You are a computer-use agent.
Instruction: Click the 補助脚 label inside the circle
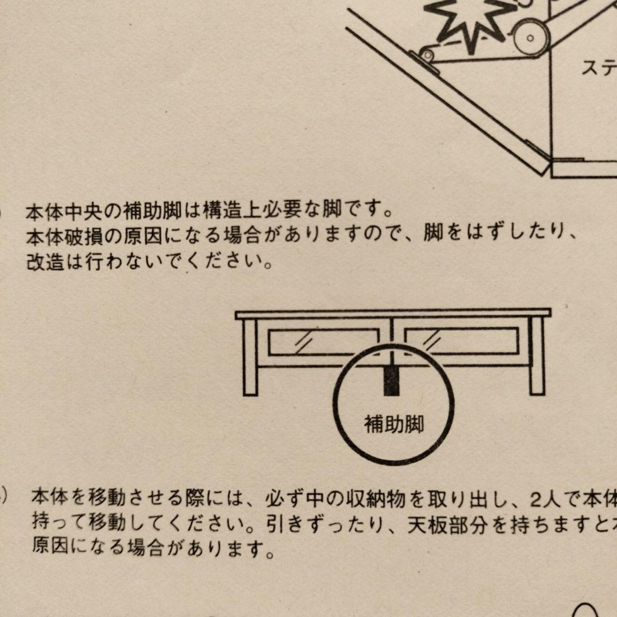394,424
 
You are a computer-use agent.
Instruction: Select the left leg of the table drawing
250,357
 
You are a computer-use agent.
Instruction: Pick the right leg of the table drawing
536,357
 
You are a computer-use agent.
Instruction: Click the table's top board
393,314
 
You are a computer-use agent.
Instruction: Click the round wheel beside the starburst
530,38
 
